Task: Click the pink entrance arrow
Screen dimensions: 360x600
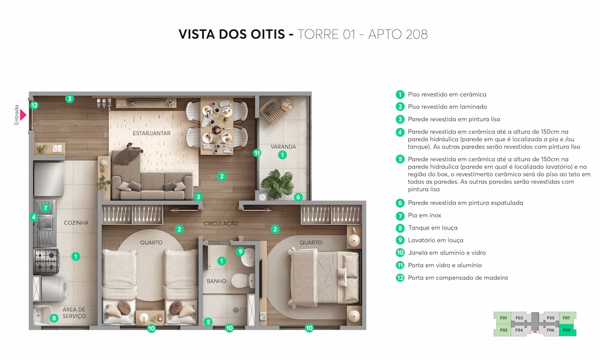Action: tap(23, 114)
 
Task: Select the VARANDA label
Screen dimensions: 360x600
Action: tap(283, 147)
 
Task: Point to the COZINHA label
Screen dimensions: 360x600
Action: tap(76, 223)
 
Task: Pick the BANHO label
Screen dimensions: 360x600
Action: tap(216, 281)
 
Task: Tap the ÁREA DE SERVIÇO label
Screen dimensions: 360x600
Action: tap(74, 313)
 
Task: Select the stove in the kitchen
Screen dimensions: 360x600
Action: tap(46, 260)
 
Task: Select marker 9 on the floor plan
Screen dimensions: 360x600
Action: tap(240, 251)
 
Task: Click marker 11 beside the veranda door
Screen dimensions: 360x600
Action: tap(256, 153)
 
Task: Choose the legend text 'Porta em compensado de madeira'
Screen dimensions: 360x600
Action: tap(457, 277)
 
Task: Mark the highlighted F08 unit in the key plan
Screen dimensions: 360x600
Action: tap(566, 329)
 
